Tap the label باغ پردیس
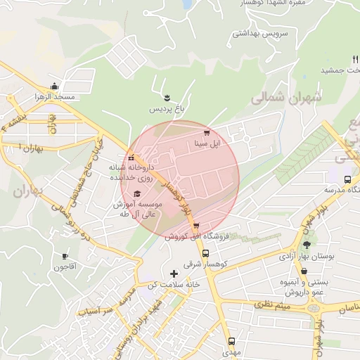click(x=164, y=110)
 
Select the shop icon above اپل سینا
click(x=206, y=132)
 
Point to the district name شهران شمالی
click(x=285, y=99)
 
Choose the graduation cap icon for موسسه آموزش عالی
click(x=138, y=193)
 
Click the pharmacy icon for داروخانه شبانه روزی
click(x=130, y=157)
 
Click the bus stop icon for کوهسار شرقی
click(x=205, y=253)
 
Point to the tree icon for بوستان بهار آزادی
click(x=306, y=245)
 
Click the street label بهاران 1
click(x=22, y=148)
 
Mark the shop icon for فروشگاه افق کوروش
click(x=195, y=226)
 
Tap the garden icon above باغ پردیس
click(x=167, y=97)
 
